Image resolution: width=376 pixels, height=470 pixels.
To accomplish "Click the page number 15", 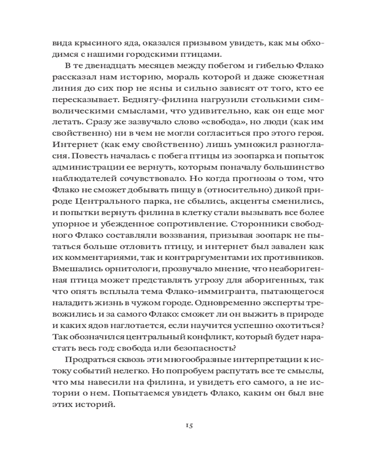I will point(188,425).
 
